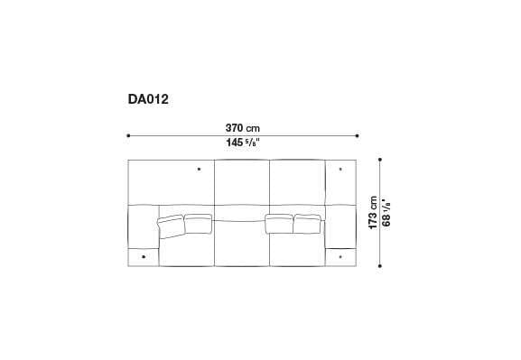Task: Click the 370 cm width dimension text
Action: coord(244,128)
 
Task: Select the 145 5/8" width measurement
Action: coord(244,143)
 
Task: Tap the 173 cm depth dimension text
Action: coord(373,213)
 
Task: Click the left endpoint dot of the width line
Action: coord(128,135)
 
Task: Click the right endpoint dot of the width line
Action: coord(359,135)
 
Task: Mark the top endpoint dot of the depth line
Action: coord(379,160)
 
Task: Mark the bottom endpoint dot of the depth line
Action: coord(379,267)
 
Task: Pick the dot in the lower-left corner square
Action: coord(144,257)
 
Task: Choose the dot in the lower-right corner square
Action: coord(340,257)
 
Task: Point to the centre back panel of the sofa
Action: coord(242,185)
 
